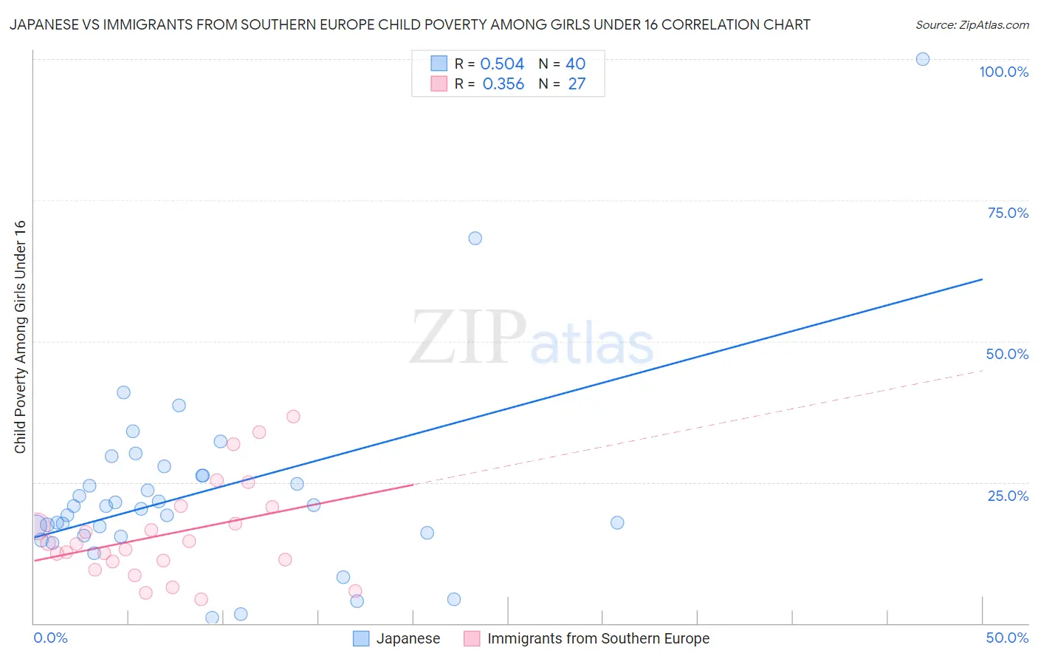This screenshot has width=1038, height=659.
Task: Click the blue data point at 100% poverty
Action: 922,59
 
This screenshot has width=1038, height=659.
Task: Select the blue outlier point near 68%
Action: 475,238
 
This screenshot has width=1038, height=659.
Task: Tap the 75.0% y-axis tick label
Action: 1008,213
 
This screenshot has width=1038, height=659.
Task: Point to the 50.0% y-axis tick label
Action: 1007,354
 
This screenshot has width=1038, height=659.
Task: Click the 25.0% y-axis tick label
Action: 1008,496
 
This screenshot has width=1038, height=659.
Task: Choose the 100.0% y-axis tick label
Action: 1003,72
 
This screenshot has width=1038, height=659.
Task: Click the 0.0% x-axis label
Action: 50,638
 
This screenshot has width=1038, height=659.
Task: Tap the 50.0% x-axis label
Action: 1007,638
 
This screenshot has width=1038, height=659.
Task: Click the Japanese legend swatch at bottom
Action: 361,638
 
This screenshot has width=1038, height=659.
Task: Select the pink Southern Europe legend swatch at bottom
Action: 472,638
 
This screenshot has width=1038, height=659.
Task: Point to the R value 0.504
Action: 502,64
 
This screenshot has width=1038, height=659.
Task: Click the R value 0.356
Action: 503,84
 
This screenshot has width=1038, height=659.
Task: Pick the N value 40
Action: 575,64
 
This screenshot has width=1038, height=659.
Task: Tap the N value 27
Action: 576,84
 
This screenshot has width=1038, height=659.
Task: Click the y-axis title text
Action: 20,337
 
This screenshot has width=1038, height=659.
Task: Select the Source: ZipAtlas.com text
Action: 972,24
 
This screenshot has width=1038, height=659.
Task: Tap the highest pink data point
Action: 293,416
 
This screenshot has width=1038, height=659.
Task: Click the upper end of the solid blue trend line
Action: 982,279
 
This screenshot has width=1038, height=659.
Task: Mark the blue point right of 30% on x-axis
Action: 617,522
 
